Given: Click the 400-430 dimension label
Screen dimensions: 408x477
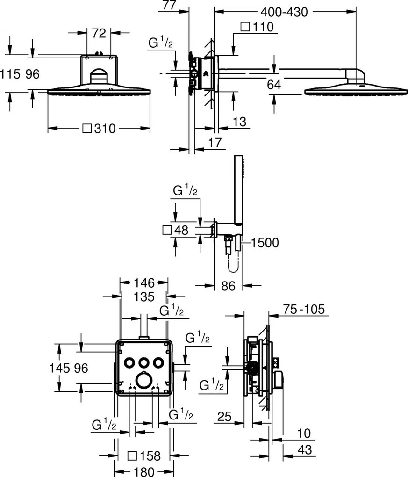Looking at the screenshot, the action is (284, 12).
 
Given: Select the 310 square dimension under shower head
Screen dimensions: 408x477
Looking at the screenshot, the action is (100, 129).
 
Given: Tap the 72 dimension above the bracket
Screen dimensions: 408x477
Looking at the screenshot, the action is (99, 33).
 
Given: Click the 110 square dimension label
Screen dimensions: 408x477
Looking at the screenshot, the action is (257, 27).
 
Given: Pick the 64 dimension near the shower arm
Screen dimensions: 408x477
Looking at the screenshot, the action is (273, 85).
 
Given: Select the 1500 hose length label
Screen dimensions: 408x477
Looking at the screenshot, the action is (265, 243).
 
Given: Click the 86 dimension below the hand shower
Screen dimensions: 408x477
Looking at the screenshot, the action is (228, 286).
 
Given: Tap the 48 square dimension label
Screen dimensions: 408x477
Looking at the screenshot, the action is (176, 230).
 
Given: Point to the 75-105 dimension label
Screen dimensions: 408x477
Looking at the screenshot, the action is (304, 309).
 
